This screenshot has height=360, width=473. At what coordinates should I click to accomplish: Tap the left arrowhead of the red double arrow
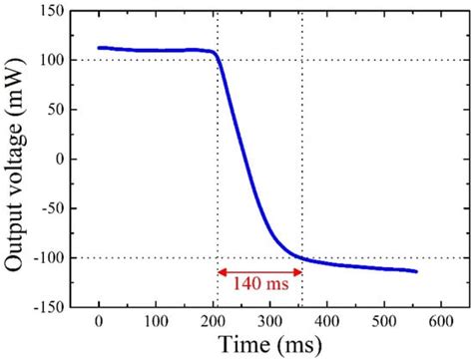(223, 270)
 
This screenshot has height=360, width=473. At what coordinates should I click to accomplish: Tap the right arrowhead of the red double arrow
(296, 270)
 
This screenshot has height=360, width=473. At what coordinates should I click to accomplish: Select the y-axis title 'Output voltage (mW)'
(15, 160)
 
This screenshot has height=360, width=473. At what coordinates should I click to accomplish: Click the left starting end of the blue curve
(99, 47)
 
